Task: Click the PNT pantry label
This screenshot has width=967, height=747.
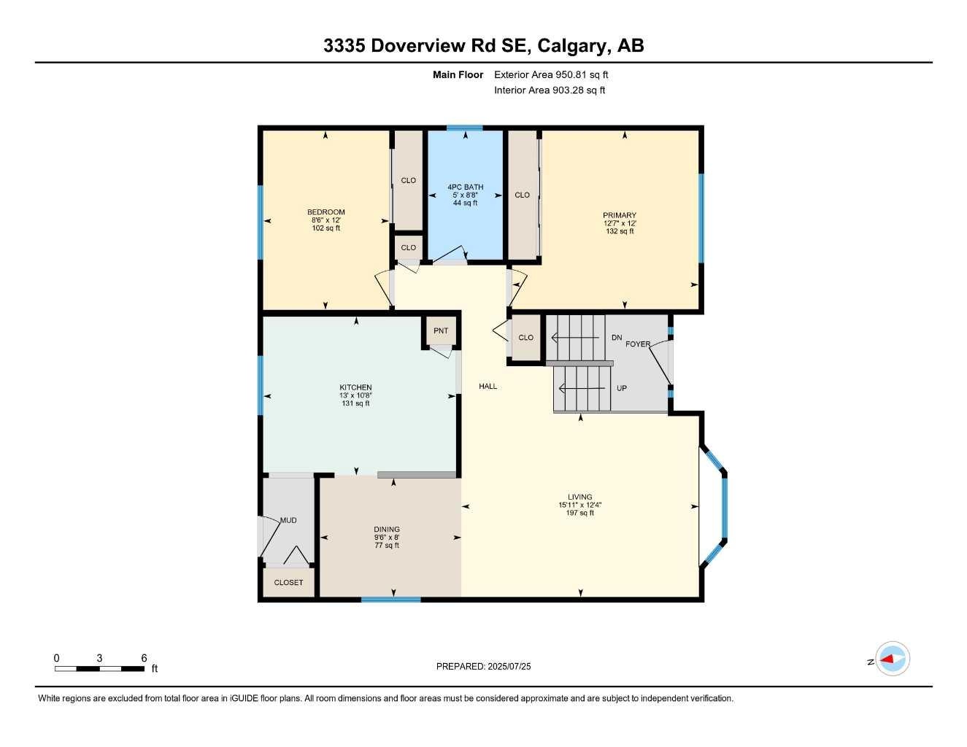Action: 441,330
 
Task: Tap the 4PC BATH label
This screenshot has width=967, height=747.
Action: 465,187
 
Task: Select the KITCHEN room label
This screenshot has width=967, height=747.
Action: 355,387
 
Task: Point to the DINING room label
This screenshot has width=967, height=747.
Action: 387,530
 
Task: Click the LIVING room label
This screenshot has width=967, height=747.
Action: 580,497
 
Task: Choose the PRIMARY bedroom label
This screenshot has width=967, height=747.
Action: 620,215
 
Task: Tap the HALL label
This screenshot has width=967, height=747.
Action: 488,386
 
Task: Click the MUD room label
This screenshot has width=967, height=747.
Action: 288,520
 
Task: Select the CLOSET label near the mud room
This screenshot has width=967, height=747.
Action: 288,582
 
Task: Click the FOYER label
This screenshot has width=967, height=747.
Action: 638,344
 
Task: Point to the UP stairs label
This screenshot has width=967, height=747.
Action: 622,388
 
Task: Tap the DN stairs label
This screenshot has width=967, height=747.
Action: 617,338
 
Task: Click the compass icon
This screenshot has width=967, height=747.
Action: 893,659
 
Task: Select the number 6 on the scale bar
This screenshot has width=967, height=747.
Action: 144,658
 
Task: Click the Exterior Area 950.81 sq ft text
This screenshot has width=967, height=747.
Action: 551,74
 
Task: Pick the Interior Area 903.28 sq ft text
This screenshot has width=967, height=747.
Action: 550,90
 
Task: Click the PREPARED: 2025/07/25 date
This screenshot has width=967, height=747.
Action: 484,666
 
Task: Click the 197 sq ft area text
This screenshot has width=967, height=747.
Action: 580,513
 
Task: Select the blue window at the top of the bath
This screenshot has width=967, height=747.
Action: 465,128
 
